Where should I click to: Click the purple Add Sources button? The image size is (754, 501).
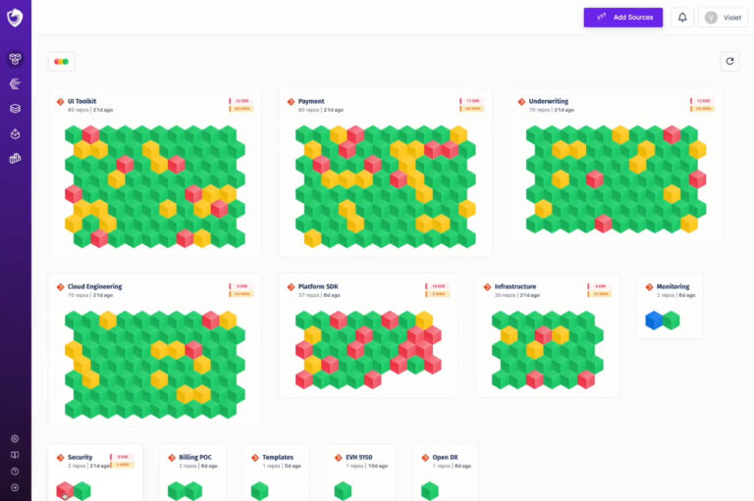(622, 18)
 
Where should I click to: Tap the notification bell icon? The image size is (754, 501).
(681, 18)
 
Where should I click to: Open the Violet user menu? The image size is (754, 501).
(723, 18)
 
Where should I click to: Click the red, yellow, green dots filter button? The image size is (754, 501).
(61, 62)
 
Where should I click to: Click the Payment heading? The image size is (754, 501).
(311, 101)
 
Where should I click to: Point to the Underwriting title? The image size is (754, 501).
(548, 101)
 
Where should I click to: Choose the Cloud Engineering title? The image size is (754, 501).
(94, 286)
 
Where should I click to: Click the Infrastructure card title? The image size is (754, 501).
(515, 286)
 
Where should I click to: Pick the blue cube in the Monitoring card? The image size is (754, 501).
(654, 320)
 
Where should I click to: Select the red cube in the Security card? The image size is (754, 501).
(65, 490)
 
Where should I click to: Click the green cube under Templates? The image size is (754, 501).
(259, 490)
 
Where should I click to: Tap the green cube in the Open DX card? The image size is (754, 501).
(430, 490)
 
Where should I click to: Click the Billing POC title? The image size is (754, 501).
(195, 457)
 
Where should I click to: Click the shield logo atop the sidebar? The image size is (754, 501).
(15, 18)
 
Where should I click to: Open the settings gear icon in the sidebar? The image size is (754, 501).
(15, 438)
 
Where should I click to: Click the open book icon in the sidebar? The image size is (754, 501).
(15, 455)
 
